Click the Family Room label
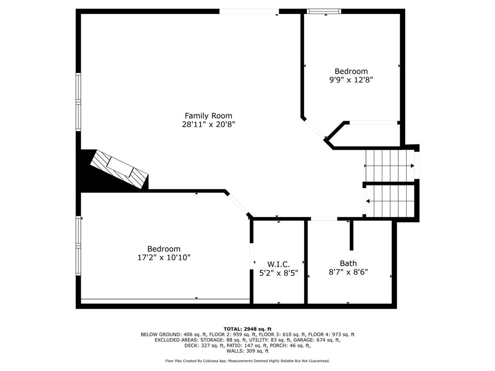[x=208, y=115]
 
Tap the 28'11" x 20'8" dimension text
[x=208, y=124]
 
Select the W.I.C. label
[x=278, y=264]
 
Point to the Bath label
[x=348, y=263]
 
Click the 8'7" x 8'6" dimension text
[x=348, y=271]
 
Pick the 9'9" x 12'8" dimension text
[x=351, y=80]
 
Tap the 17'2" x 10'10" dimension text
[x=164, y=257]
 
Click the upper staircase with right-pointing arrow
[x=389, y=165]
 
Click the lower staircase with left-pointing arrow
[x=390, y=200]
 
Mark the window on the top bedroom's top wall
[x=324, y=11]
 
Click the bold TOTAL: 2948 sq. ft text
[x=247, y=328]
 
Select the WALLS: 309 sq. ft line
[x=247, y=351]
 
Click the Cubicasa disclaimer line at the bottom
[x=247, y=361]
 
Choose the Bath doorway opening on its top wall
[x=323, y=219]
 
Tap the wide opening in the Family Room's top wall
[x=249, y=11]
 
